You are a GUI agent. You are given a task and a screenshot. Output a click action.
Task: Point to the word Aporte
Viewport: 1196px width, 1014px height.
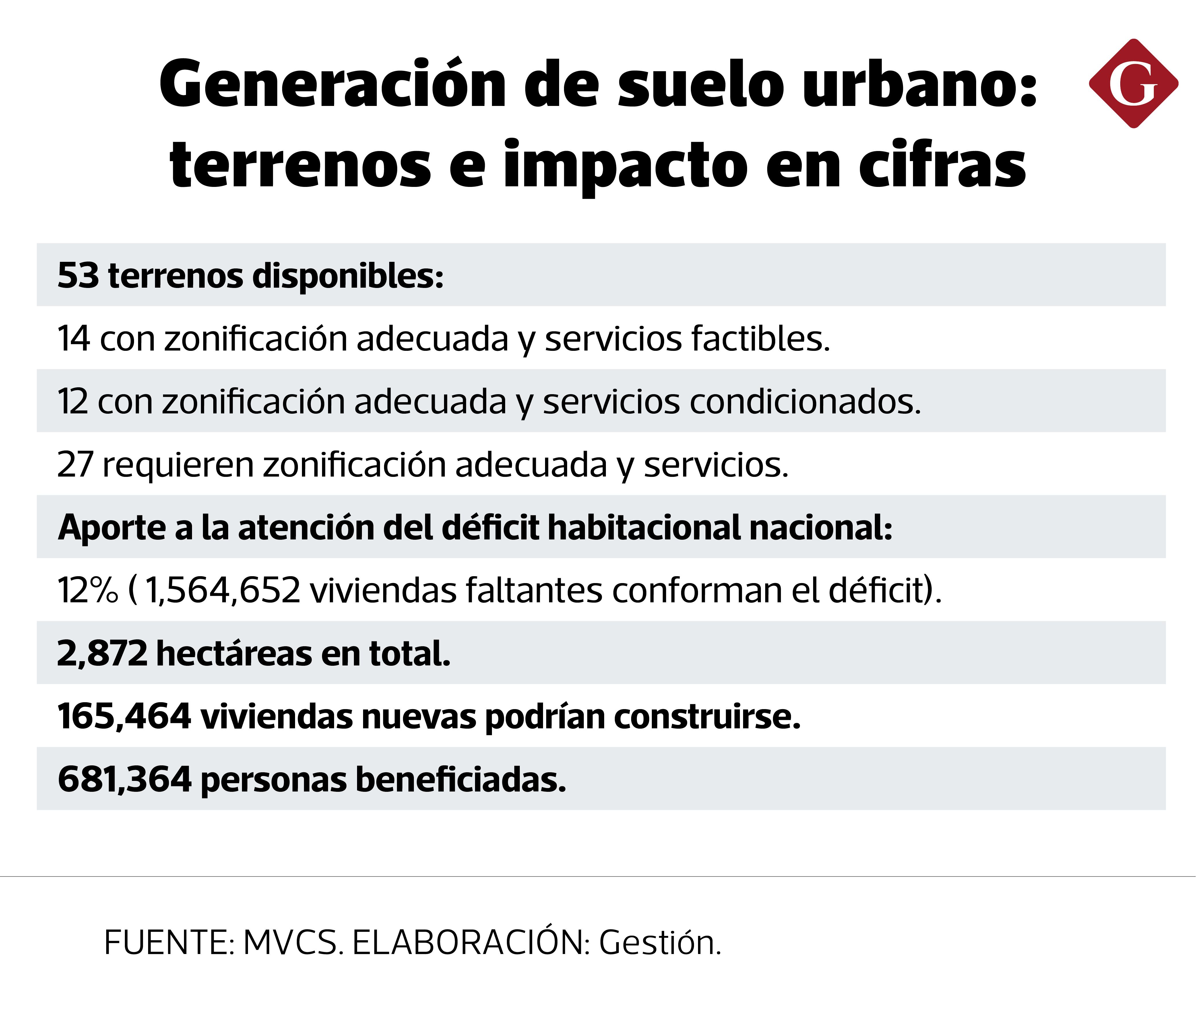pyautogui.click(x=112, y=528)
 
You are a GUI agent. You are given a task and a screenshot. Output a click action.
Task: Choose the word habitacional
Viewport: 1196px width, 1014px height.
pyautogui.click(x=644, y=528)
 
